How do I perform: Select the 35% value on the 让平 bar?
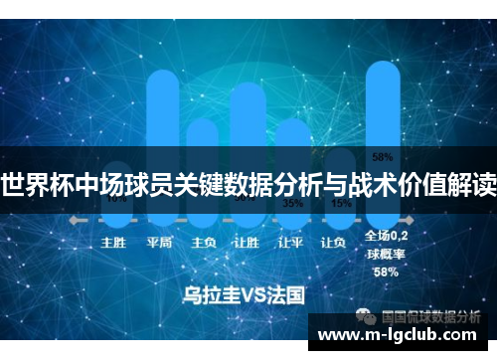tap(293, 203)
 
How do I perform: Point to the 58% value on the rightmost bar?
tap(382, 156)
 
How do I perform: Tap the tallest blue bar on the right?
tap(382, 99)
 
